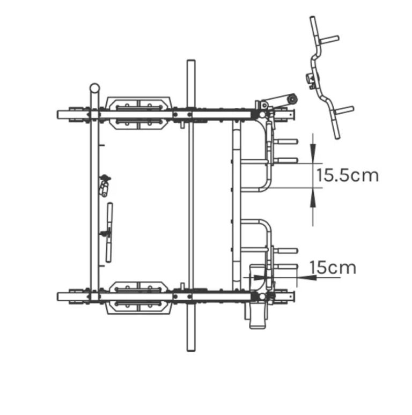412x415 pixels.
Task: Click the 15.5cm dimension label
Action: (348, 175)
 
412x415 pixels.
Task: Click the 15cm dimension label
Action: (333, 268)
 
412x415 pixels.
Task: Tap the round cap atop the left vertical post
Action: (94, 87)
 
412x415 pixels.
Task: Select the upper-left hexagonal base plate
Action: (138, 113)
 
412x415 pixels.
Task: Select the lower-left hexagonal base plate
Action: (138, 298)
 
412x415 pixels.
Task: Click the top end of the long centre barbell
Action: (191, 61)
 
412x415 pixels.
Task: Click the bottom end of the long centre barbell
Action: (191, 350)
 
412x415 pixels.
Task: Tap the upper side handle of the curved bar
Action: (329, 39)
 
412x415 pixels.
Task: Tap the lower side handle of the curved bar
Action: (344, 110)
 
